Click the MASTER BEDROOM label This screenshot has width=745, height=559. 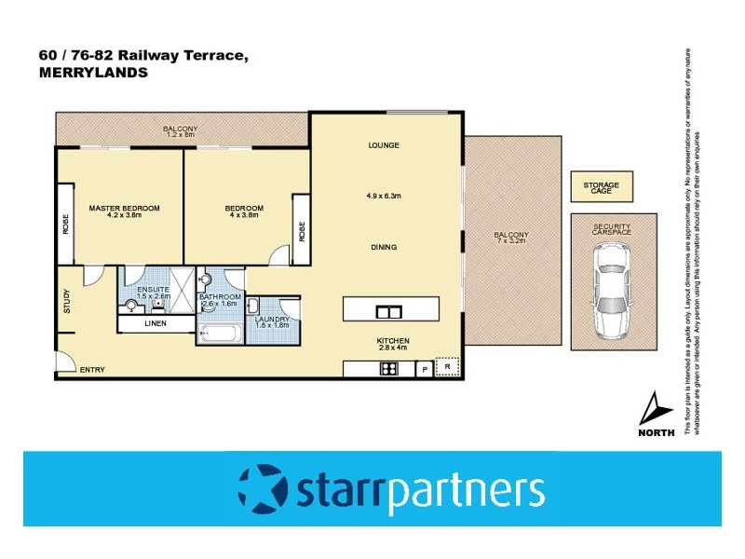pyautogui.click(x=124, y=208)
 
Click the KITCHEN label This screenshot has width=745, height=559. pyautogui.click(x=393, y=341)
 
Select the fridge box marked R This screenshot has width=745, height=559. pyautogui.click(x=448, y=369)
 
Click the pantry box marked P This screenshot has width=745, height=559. pyautogui.click(x=425, y=370)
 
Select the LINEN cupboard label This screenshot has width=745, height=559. pyautogui.click(x=156, y=323)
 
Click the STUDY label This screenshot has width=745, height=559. pyautogui.click(x=67, y=302)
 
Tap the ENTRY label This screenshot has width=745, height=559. pyautogui.click(x=91, y=370)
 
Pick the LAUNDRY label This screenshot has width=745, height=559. pyautogui.click(x=272, y=320)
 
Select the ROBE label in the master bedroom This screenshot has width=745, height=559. pyautogui.click(x=66, y=225)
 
